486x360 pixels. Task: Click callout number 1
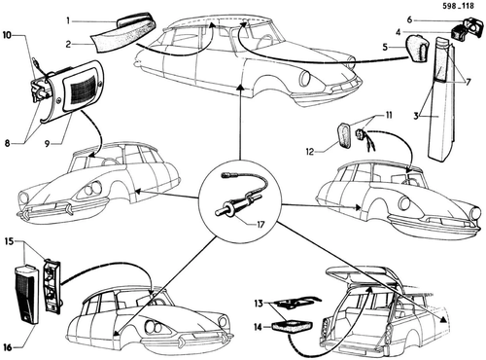[x=68, y=21]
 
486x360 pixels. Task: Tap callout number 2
[x=68, y=45]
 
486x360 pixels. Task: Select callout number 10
[x=7, y=35]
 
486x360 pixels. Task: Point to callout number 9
[x=48, y=143]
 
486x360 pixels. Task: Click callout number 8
[x=7, y=143]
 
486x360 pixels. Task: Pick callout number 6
[x=409, y=20]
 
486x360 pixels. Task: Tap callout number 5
[x=385, y=48]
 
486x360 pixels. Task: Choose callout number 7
[x=468, y=83]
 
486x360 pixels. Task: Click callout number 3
[x=416, y=116]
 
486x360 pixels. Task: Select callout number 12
[x=310, y=152]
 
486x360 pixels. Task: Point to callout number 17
[x=260, y=225]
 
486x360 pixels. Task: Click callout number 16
[x=8, y=347]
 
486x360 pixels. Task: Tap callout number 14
[x=258, y=328]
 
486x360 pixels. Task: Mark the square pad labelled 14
[x=292, y=327]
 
